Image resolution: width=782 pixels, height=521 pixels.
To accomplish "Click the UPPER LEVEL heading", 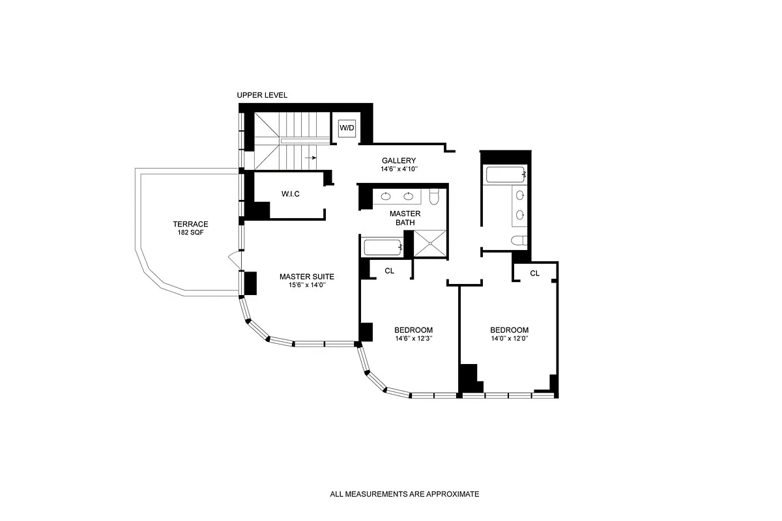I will [x=262, y=95].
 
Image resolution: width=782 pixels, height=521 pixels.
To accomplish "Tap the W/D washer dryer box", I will [x=347, y=128].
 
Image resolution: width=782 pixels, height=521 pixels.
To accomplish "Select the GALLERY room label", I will [x=398, y=161].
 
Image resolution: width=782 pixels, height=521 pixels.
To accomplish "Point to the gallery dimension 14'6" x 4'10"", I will [x=398, y=169].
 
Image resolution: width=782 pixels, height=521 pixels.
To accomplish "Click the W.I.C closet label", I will [x=291, y=193].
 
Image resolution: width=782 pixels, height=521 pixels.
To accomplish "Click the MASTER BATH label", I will [x=405, y=218].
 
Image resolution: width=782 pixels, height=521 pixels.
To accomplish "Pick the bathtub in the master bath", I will [x=382, y=247].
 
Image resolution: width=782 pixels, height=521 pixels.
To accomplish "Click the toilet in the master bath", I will [x=436, y=195].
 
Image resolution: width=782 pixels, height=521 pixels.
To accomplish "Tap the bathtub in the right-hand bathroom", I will [x=505, y=175].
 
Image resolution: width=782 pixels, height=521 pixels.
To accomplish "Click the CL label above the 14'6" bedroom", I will [x=390, y=271].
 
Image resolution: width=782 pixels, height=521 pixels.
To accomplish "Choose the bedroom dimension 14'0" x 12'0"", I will [x=510, y=339].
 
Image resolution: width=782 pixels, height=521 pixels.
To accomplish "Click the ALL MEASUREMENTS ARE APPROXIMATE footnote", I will [x=404, y=494].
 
